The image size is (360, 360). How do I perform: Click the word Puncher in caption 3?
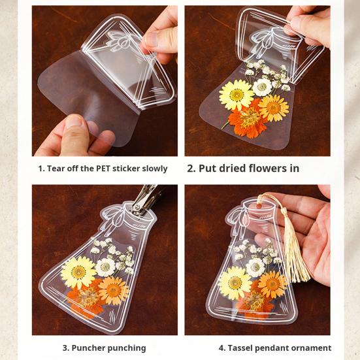90,348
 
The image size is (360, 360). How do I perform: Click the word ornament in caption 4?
311,348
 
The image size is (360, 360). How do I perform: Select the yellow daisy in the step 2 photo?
236,95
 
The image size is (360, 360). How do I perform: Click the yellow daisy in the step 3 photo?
78,272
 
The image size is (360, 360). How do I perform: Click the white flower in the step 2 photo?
263,87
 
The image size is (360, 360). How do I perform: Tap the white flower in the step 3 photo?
105,267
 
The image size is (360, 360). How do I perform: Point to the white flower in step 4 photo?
255,267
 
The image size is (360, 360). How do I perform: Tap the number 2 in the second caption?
191,168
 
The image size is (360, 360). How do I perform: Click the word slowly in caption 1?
153,169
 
